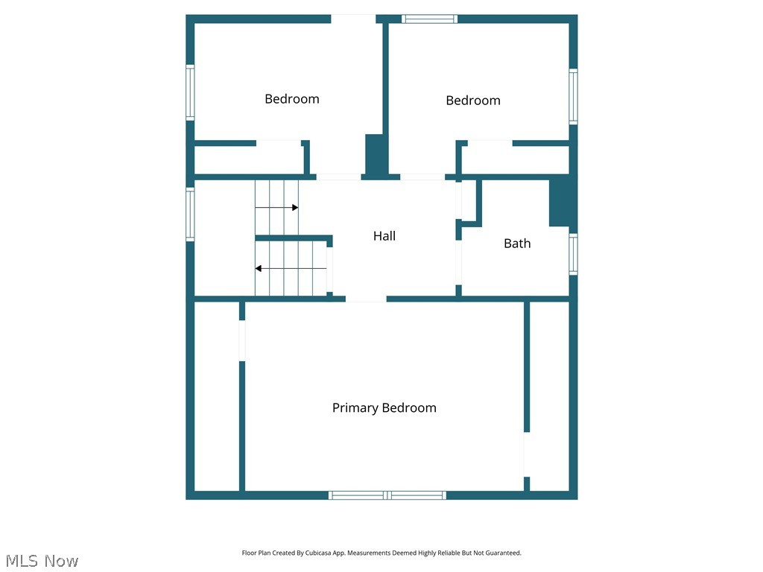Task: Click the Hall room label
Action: (384, 236)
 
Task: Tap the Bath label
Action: (517, 244)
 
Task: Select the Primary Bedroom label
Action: (384, 408)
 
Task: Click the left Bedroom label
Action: (292, 99)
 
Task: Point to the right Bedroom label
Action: (473, 101)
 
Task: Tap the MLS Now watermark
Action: (42, 561)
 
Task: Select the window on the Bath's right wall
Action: (573, 255)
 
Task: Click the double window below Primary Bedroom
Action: (387, 495)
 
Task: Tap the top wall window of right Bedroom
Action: (429, 19)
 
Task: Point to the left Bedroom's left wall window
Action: (190, 92)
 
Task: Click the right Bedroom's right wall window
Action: (573, 97)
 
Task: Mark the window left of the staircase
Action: (190, 214)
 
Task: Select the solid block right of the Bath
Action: (563, 203)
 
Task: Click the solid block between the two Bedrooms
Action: (374, 156)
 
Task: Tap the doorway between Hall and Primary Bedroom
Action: (366, 299)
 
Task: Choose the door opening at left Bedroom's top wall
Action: (353, 19)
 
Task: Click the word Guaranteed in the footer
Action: (505, 553)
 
